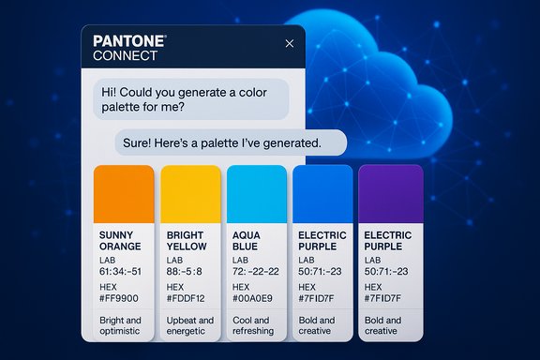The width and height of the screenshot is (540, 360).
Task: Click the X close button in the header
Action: coord(289,43)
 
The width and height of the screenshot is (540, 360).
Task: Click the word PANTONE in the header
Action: coord(130,41)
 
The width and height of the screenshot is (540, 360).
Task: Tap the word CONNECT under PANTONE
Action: coord(126,56)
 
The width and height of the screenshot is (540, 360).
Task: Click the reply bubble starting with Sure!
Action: coord(231,143)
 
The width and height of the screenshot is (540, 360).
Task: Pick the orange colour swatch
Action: coord(124,192)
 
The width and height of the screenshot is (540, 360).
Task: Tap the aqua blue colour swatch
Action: coord(257,192)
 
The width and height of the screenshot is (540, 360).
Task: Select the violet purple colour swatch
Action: coord(390,192)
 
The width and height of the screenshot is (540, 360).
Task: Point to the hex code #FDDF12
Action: coord(187,299)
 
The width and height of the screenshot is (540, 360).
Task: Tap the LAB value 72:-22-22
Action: coord(256,272)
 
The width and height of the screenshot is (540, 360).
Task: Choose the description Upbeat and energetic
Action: coord(189,325)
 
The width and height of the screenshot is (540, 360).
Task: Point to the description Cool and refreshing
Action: coord(254,325)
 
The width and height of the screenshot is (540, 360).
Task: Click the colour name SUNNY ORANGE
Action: coord(120,241)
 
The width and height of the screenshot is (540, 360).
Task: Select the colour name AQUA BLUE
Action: coord(248,241)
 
